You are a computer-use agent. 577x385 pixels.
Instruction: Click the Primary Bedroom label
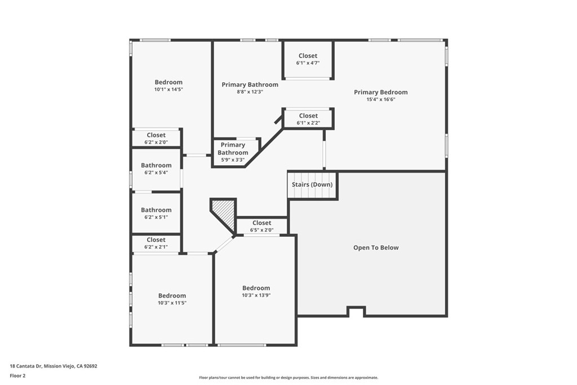[x=380, y=92]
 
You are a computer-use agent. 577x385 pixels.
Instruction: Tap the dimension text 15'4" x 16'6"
[x=380, y=100]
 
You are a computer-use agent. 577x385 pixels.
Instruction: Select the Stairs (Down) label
[x=312, y=184]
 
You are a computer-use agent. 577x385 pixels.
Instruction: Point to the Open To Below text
[x=375, y=247]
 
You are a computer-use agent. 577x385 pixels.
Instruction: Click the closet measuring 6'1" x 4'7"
[x=308, y=59]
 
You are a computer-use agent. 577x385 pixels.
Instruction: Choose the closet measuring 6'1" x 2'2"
[x=308, y=119]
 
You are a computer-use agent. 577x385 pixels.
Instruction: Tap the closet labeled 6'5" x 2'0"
[x=261, y=226]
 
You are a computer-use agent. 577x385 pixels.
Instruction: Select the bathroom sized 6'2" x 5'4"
[x=156, y=169]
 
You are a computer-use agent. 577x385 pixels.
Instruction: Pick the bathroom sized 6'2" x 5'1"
[x=156, y=213]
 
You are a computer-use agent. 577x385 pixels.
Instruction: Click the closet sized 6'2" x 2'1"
[x=156, y=243]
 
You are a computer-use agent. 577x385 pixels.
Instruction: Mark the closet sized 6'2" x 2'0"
[x=156, y=138]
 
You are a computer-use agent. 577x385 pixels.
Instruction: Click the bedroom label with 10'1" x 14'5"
[x=168, y=82]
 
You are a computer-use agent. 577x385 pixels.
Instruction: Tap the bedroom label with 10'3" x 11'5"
[x=172, y=295]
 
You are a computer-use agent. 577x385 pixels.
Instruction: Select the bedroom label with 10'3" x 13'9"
[x=256, y=287]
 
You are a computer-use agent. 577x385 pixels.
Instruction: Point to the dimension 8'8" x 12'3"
[x=250, y=92]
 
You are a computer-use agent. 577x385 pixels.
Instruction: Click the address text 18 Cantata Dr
[x=54, y=366]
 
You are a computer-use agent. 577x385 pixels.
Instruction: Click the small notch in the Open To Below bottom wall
[x=356, y=311]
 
